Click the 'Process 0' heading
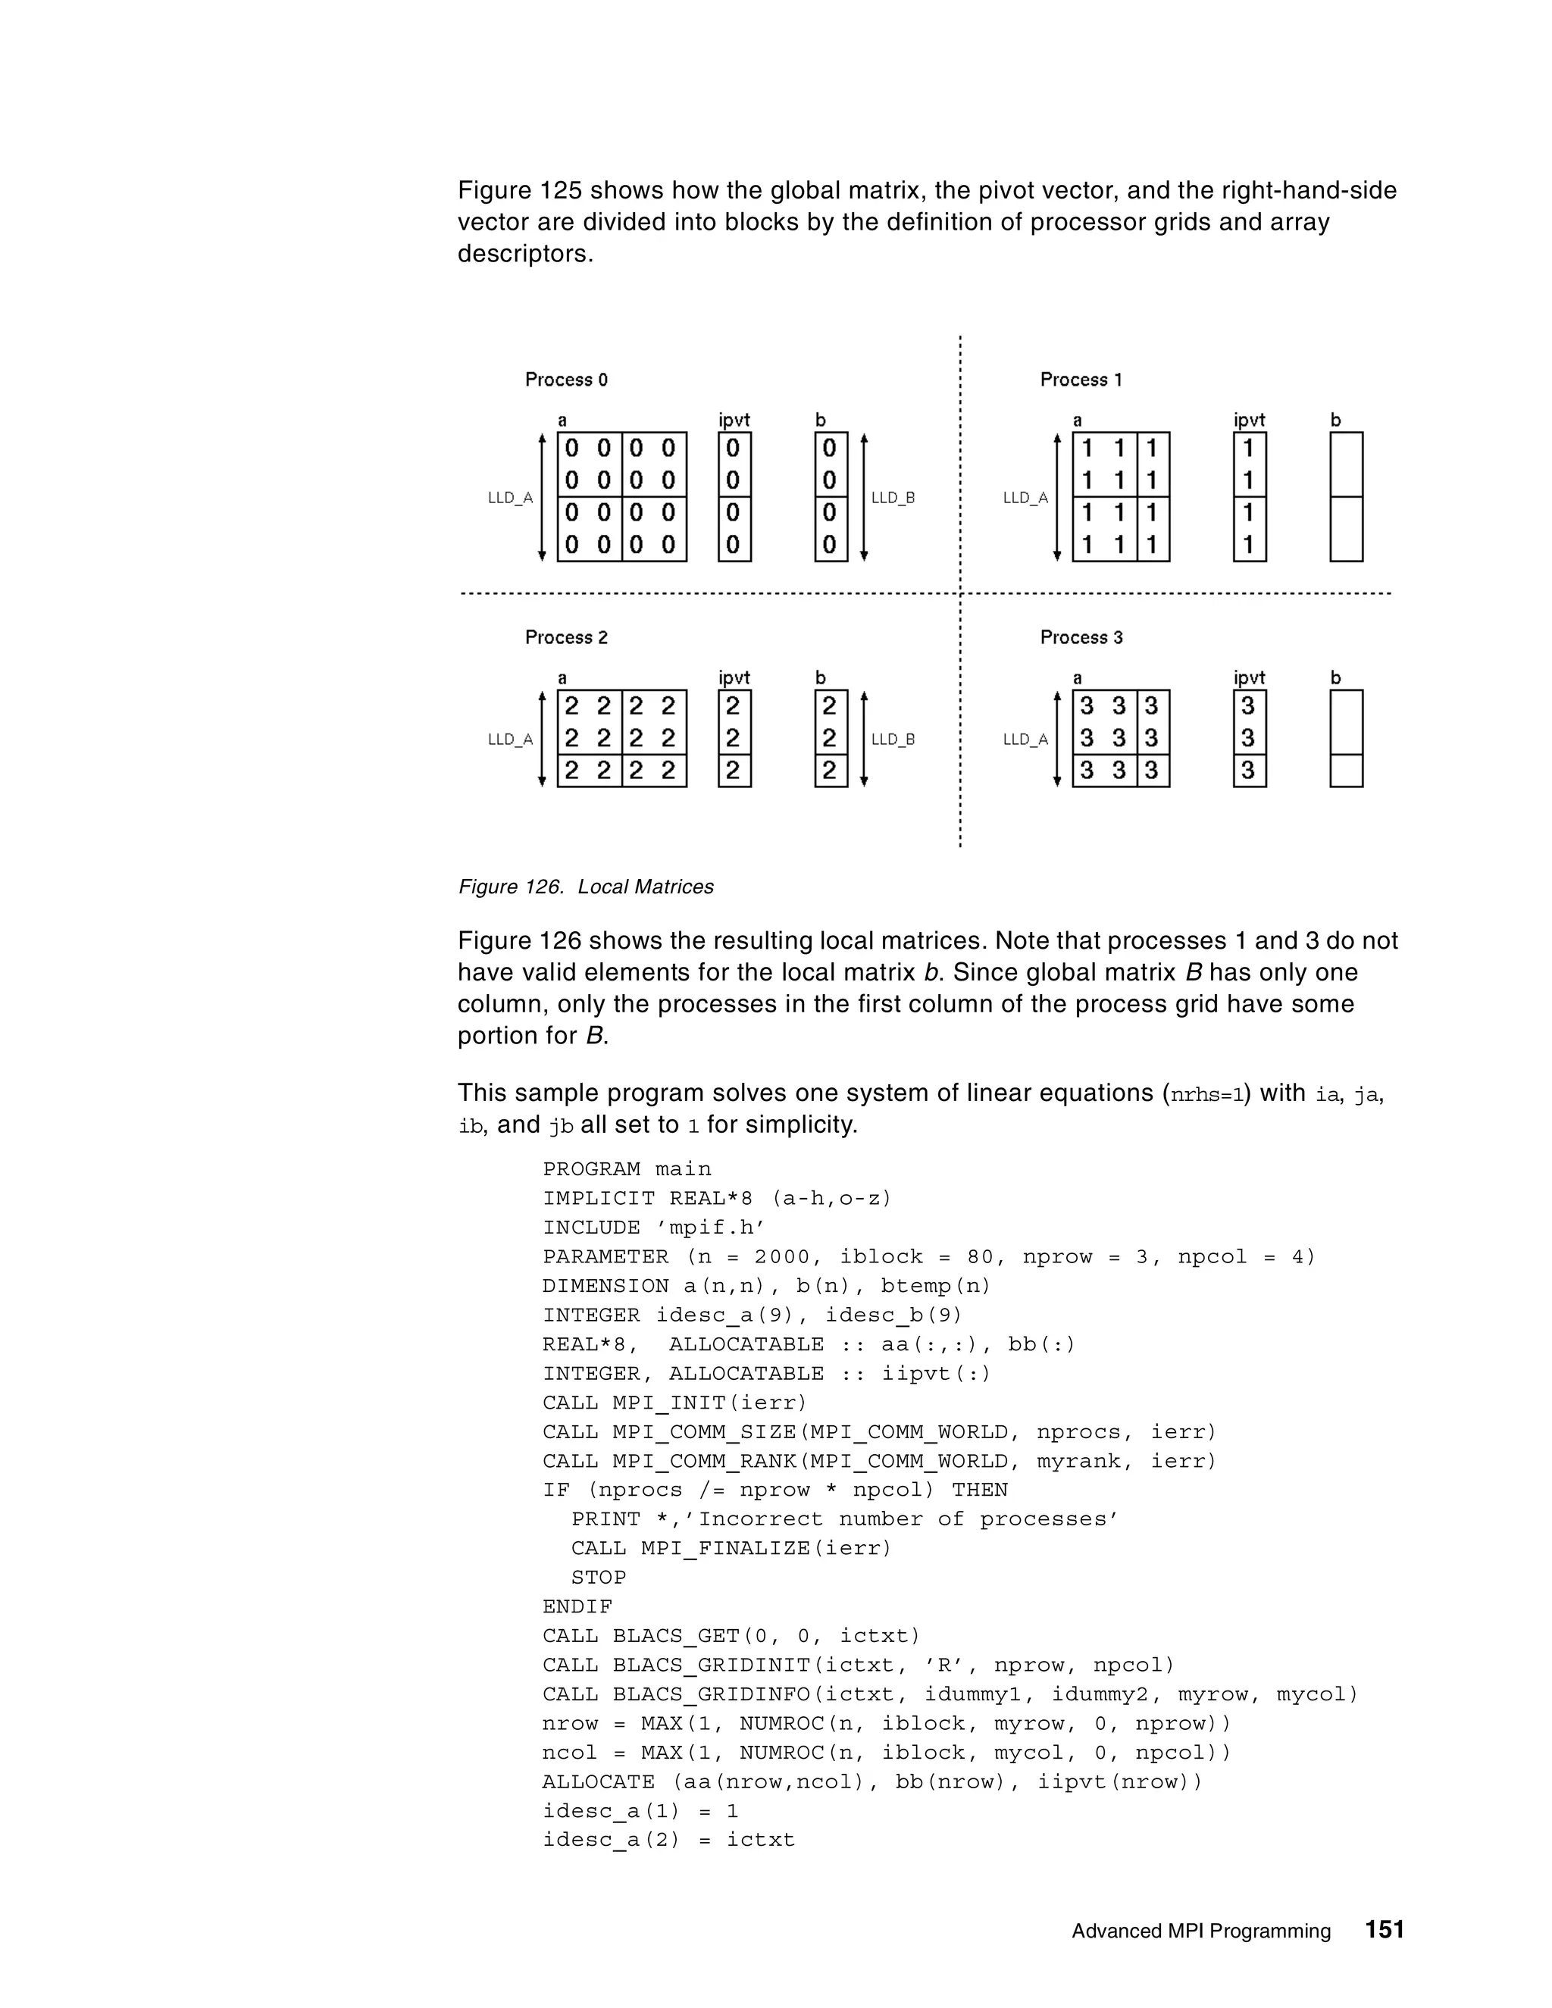(x=566, y=380)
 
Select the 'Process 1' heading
(x=1081, y=380)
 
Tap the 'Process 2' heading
(x=566, y=637)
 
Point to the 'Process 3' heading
(x=1081, y=637)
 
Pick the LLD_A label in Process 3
(x=1025, y=740)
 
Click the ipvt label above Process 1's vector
(x=1250, y=421)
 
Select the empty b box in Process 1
(x=1346, y=496)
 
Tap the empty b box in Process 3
(x=1346, y=738)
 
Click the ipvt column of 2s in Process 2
(x=734, y=738)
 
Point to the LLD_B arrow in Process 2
(x=863, y=738)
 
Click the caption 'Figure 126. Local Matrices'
(x=586, y=887)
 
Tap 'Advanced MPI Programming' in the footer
(x=1201, y=1931)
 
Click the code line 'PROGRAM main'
(x=627, y=1169)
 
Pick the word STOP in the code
(x=599, y=1578)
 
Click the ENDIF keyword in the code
(x=577, y=1607)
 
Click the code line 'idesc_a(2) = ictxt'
(x=668, y=1840)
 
